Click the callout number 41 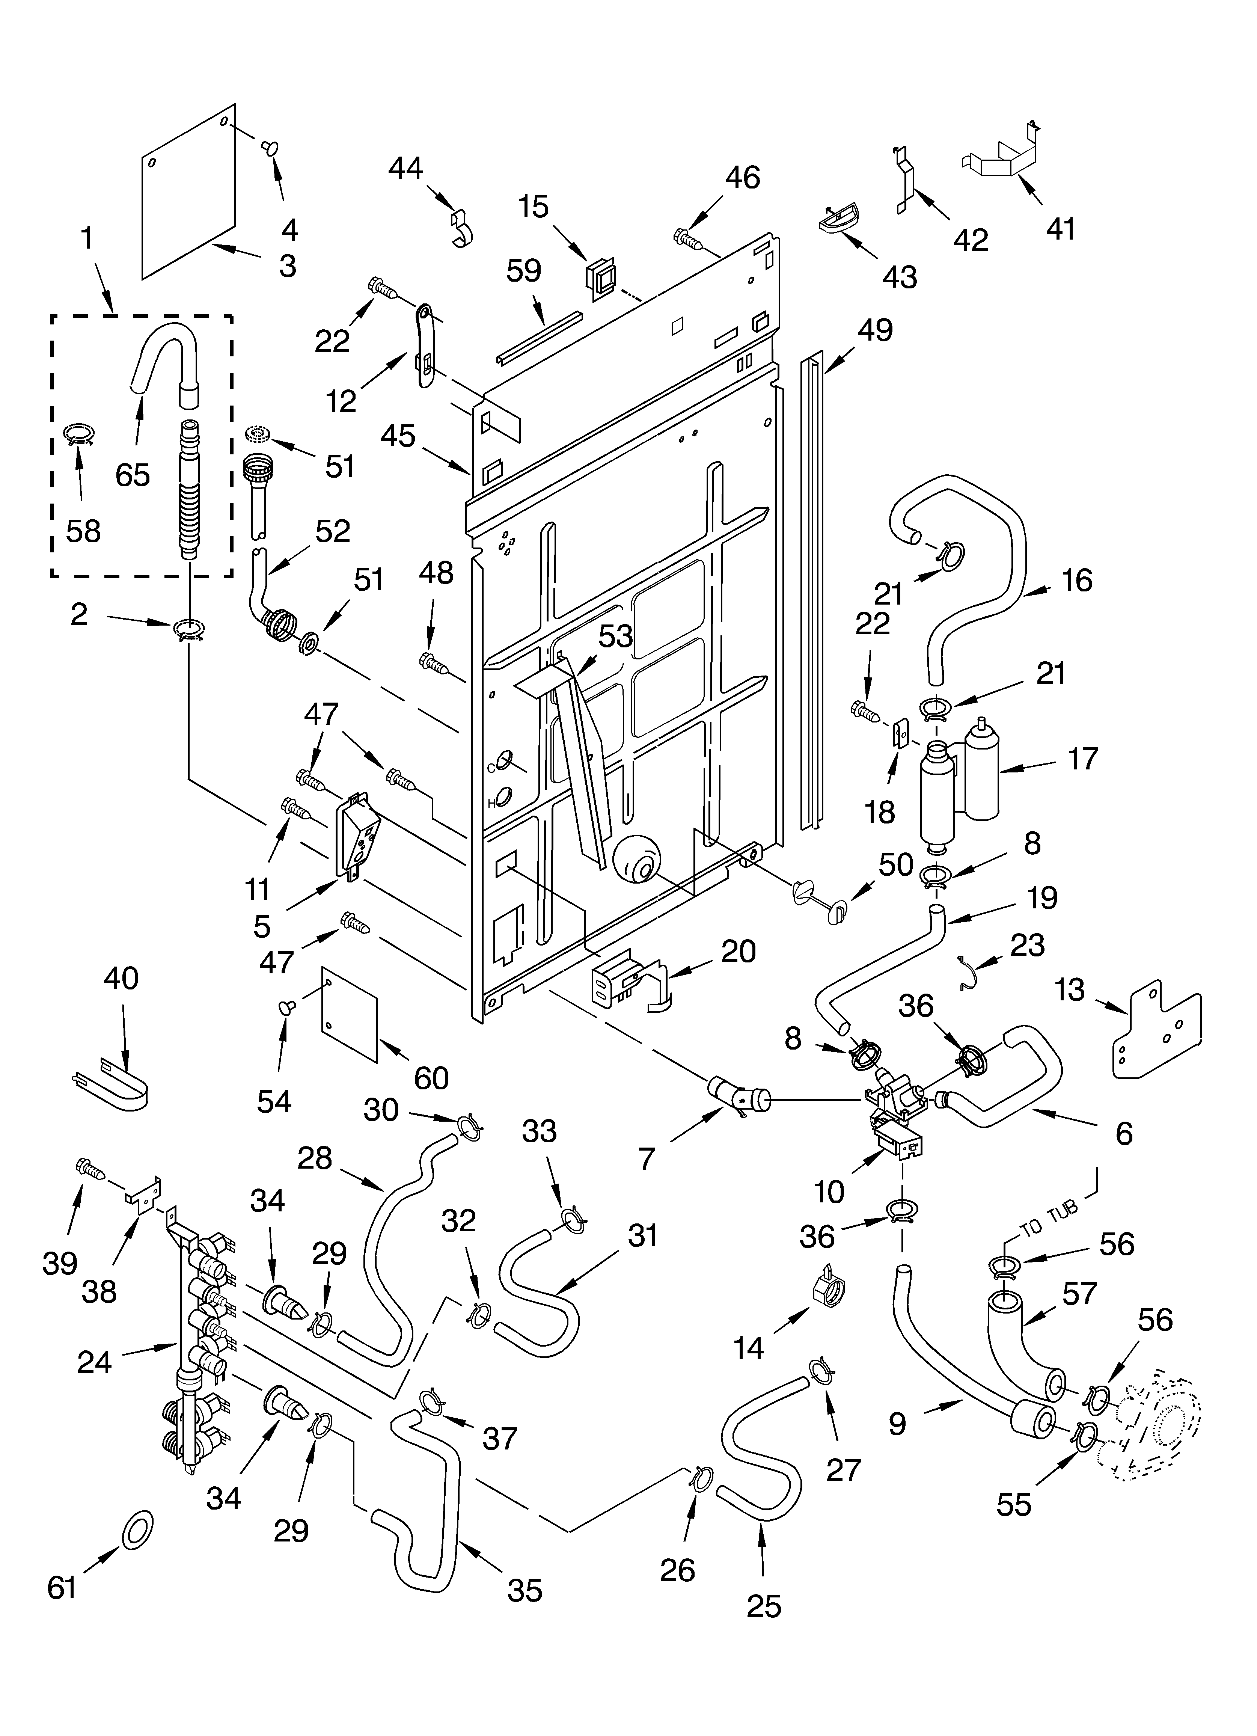point(1060,228)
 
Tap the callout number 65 point(133,475)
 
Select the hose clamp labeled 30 point(469,1128)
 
